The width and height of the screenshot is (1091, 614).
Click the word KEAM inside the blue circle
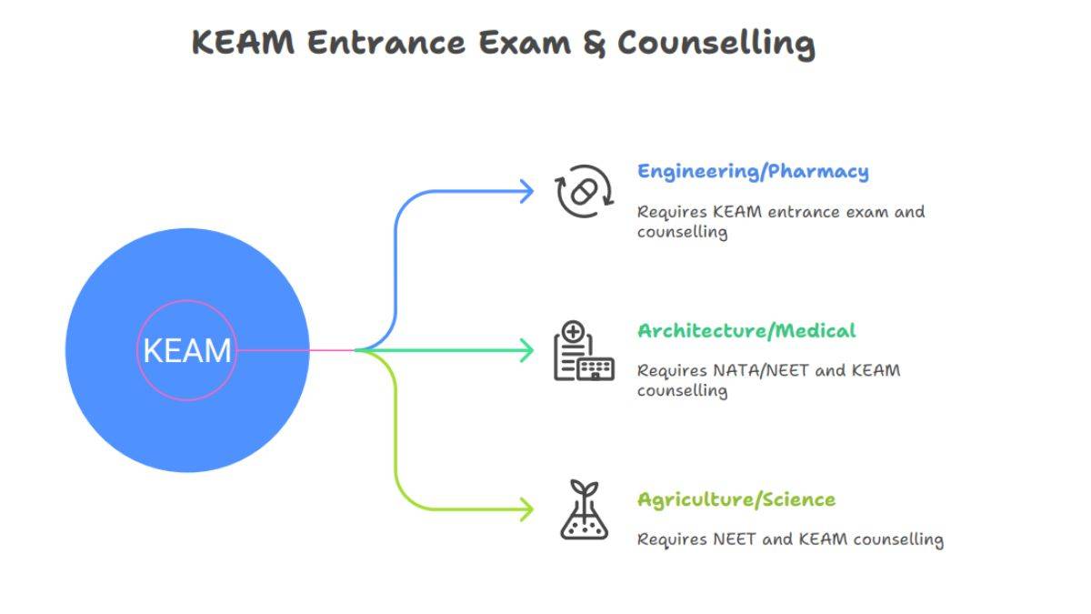click(x=187, y=350)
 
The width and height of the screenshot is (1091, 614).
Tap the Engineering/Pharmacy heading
click(x=752, y=172)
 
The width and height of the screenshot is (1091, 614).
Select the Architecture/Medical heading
click(x=746, y=330)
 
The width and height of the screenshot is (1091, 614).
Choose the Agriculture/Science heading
click(x=736, y=499)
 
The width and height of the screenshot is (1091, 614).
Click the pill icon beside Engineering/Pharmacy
click(x=584, y=191)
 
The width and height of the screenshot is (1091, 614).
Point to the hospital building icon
click(x=584, y=350)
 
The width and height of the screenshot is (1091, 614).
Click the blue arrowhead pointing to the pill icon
click(x=525, y=191)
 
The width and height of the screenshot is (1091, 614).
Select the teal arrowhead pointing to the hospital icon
click(x=525, y=350)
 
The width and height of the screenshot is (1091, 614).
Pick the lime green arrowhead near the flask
click(x=525, y=509)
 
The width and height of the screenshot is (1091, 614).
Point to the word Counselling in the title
click(x=716, y=44)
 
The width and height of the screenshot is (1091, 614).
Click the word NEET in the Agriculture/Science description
click(x=731, y=539)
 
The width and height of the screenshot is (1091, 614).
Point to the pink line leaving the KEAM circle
click(x=291, y=350)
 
